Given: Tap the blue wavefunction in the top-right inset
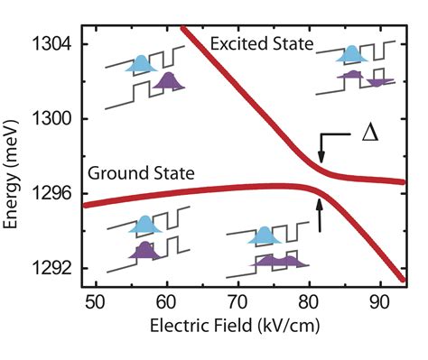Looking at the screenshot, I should [349, 57].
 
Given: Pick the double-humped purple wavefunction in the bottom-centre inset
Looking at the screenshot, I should [279, 260].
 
